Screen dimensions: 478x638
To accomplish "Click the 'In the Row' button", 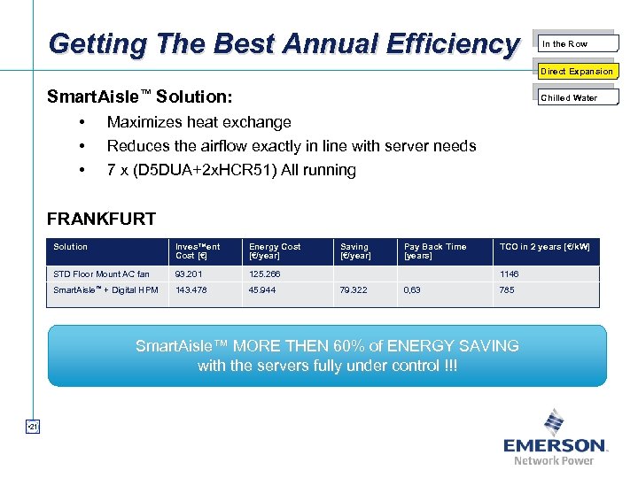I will coord(576,43).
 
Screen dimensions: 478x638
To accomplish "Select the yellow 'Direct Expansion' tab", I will coord(577,71).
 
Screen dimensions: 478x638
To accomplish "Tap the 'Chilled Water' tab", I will coord(576,97).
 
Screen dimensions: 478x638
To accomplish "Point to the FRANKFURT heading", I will coord(101,219).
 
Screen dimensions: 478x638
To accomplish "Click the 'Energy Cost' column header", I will coord(275,251).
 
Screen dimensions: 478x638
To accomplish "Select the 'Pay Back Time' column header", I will coord(435,251).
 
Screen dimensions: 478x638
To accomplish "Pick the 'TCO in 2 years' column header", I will coord(544,247).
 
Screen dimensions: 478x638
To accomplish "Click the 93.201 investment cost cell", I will coord(188,274).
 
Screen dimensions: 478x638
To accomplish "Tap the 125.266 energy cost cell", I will coord(264,274).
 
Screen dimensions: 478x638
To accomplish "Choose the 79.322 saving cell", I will coord(354,290).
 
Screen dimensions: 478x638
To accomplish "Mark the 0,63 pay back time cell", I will coord(412,290).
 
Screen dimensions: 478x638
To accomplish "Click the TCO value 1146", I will coord(509,274).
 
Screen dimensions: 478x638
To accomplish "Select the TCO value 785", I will coord(506,290).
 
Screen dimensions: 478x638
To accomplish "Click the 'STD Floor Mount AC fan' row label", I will coord(101,274).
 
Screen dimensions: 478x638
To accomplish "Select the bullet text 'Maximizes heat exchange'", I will coord(198,122).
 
